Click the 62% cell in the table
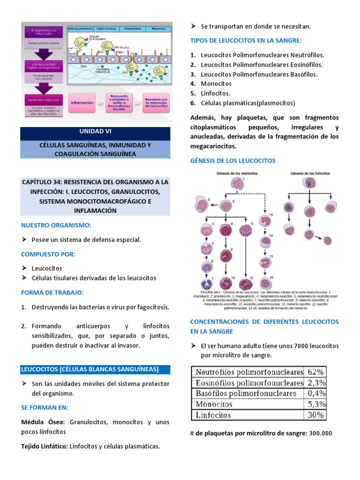pyautogui.click(x=315, y=372)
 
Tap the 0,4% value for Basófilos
pyautogui.click(x=315, y=393)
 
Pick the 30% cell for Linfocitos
pyautogui.click(x=315, y=414)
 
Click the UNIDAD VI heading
pyautogui.click(x=95, y=132)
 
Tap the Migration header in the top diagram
pyautogui.click(x=158, y=29)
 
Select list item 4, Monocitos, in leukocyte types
pyautogui.click(x=216, y=83)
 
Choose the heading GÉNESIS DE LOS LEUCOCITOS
pyautogui.click(x=232, y=160)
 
